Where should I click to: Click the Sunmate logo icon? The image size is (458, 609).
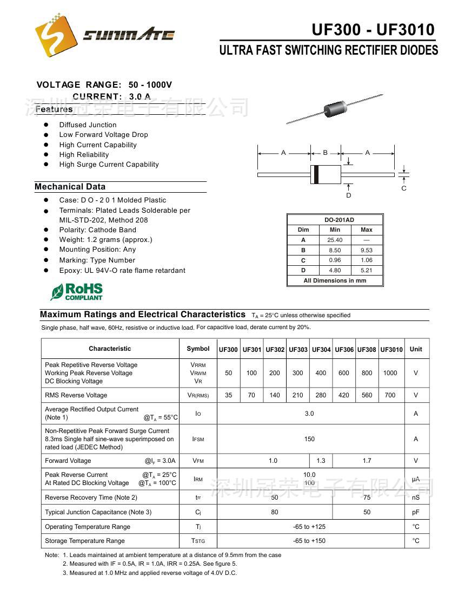tap(56, 35)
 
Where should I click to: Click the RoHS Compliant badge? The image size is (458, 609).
tap(77, 291)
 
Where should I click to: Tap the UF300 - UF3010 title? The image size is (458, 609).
tap(373, 29)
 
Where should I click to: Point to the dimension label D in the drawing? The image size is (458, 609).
tap(349, 195)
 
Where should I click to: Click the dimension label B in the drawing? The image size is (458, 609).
tap(326, 153)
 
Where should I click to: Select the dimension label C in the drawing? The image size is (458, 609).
tap(404, 188)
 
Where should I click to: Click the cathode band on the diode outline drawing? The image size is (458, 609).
tap(316, 174)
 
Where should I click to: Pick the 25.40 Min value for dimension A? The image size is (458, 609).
tap(335, 240)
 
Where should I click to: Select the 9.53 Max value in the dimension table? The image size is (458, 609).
tap(366, 250)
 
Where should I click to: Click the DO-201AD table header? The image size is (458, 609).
tap(339, 220)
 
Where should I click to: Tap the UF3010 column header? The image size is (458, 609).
tap(391, 350)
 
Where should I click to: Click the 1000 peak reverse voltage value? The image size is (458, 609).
tap(390, 373)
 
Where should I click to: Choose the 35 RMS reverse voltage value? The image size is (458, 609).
tap(229, 395)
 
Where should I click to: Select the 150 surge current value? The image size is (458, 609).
tap(309, 439)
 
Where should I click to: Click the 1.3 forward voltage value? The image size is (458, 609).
tap(321, 461)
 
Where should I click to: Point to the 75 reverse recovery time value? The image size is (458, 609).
tap(367, 497)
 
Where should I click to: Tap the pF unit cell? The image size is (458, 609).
tap(416, 512)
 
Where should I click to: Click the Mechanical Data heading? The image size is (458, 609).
tap(70, 187)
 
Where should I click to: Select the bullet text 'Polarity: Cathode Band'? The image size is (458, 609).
tap(97, 230)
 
